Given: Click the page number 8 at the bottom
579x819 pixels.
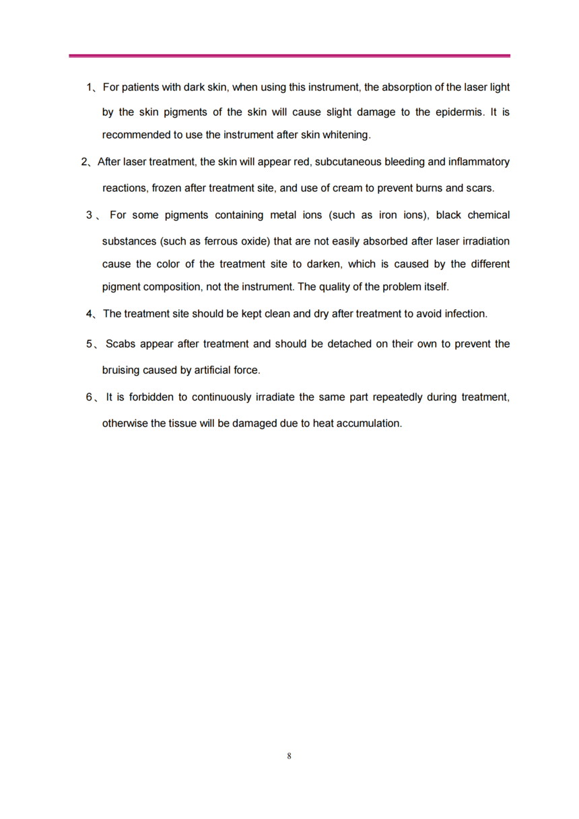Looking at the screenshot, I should point(289,756).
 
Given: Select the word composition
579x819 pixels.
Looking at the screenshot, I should point(168,287).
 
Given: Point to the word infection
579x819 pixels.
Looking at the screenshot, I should point(465,314).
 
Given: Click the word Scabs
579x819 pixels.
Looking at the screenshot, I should point(121,344).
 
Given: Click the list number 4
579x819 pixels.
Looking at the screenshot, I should point(89,314).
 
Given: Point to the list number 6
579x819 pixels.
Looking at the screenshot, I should point(89,397).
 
